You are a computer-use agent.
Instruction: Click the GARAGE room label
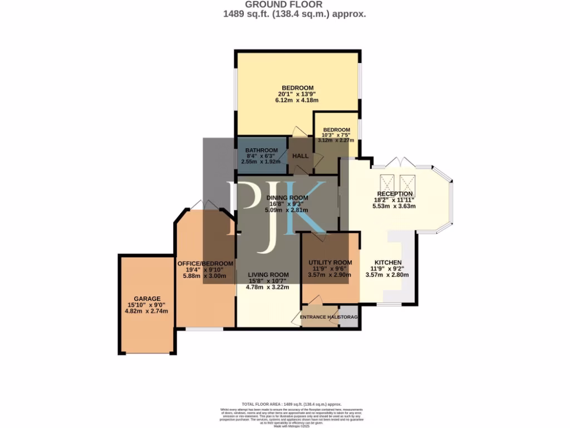pyautogui.click(x=147, y=299)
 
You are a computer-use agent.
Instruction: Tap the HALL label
pyautogui.click(x=301, y=157)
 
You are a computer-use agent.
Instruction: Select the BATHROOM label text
pyautogui.click(x=262, y=150)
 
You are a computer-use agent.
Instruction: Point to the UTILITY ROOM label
pyautogui.click(x=330, y=262)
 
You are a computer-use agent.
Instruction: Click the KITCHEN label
pyautogui.click(x=388, y=262)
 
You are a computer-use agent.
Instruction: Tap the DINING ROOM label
pyautogui.click(x=287, y=198)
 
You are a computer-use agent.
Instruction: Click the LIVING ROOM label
pyautogui.click(x=268, y=275)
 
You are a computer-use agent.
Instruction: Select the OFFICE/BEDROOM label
pyautogui.click(x=205, y=264)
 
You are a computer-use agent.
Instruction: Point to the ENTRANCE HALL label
pyautogui.click(x=320, y=317)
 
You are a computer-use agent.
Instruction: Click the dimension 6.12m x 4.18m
pyautogui.click(x=297, y=100)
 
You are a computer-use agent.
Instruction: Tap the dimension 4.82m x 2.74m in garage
pyautogui.click(x=147, y=312)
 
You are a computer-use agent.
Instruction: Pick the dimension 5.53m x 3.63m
pyautogui.click(x=394, y=206)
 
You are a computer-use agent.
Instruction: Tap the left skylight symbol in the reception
pyautogui.click(x=387, y=183)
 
